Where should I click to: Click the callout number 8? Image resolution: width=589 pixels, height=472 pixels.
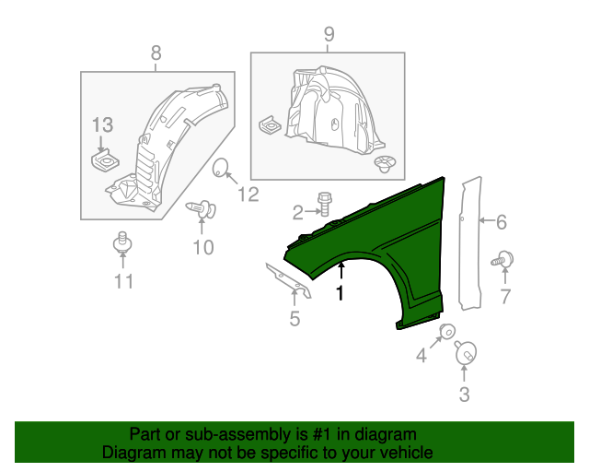(x=155, y=53)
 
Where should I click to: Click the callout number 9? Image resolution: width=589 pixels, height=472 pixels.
(x=329, y=35)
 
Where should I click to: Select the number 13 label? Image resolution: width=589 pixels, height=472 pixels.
(x=102, y=124)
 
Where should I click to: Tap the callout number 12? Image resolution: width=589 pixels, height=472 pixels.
(x=248, y=194)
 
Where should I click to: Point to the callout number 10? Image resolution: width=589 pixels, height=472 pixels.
(x=202, y=246)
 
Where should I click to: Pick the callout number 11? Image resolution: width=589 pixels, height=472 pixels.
(x=123, y=281)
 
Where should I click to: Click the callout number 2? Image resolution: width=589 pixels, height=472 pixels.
(x=297, y=214)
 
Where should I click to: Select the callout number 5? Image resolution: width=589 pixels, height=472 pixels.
(x=294, y=320)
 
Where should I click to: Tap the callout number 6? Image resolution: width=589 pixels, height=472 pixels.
(x=502, y=221)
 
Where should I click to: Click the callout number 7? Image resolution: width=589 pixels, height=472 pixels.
(x=504, y=295)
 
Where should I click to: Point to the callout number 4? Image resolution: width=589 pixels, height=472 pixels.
(x=422, y=355)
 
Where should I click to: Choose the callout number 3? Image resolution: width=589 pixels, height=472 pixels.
(x=464, y=395)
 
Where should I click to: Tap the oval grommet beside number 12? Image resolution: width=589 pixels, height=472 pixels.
(x=221, y=168)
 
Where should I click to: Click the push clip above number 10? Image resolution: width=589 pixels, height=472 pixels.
(x=200, y=210)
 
